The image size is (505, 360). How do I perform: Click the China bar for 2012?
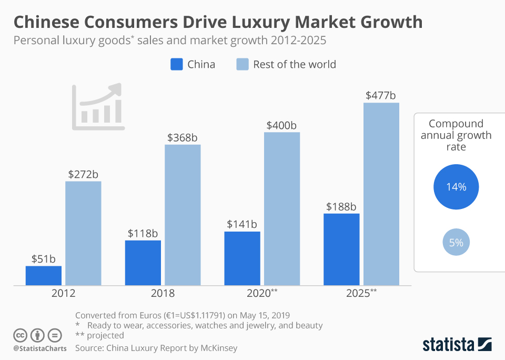tap(44, 276)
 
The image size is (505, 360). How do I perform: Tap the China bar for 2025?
tap(341, 249)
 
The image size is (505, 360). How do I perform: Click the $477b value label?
tap(381, 95)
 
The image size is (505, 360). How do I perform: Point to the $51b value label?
tap(44, 258)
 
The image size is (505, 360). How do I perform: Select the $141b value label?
tap(242, 224)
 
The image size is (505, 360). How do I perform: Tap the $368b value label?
tap(183, 137)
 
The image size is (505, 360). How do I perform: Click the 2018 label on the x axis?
tap(163, 294)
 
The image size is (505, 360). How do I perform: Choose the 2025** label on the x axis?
tap(361, 294)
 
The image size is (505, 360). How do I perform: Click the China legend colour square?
tap(176, 64)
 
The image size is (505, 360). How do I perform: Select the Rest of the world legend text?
tap(295, 64)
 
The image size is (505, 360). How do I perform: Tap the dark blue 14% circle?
tap(456, 187)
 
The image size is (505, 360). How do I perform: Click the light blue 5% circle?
tap(456, 243)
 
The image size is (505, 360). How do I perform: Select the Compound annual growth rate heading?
tap(456, 135)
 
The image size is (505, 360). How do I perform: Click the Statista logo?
tap(457, 344)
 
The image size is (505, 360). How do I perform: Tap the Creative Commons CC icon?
tap(21, 335)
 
